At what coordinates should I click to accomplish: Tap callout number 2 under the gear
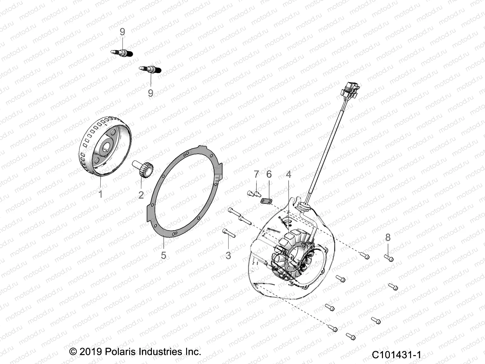[141, 195]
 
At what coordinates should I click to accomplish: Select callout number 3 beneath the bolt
[228, 255]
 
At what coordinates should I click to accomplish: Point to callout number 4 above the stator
[289, 174]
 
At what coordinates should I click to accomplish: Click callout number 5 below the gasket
[164, 255]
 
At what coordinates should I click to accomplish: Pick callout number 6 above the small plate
[269, 174]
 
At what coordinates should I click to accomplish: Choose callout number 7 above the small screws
[256, 174]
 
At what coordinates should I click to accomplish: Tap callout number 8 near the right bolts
[388, 238]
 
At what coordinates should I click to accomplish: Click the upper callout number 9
[122, 32]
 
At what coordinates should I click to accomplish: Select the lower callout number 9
[151, 93]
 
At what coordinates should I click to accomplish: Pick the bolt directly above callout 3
[229, 233]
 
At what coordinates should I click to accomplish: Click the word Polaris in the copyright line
[121, 352]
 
